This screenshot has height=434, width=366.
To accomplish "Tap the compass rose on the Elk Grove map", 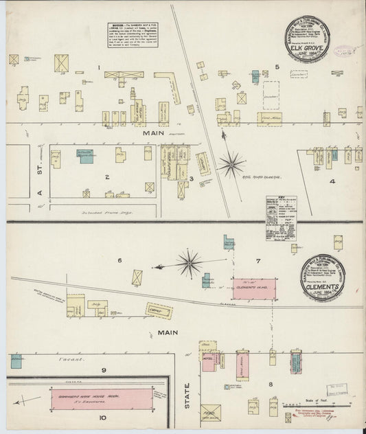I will click(231, 164).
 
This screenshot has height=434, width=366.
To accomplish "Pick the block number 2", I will click(107, 177).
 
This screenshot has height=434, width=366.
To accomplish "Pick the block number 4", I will click(332, 182).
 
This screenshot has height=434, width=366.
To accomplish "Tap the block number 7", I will click(258, 261).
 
